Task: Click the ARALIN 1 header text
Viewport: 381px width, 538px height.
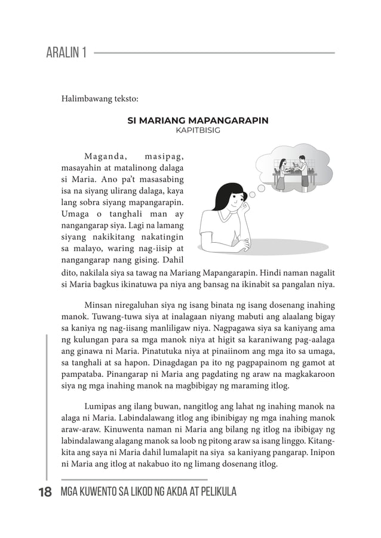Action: [x=66, y=53]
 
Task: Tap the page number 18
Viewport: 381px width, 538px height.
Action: [x=45, y=492]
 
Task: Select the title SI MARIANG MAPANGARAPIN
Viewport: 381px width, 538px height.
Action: [x=198, y=120]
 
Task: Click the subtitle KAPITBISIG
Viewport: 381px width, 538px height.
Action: [x=198, y=129]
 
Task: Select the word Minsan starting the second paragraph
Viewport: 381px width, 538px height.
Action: [x=99, y=305]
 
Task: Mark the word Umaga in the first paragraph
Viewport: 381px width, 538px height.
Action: [x=76, y=214]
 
